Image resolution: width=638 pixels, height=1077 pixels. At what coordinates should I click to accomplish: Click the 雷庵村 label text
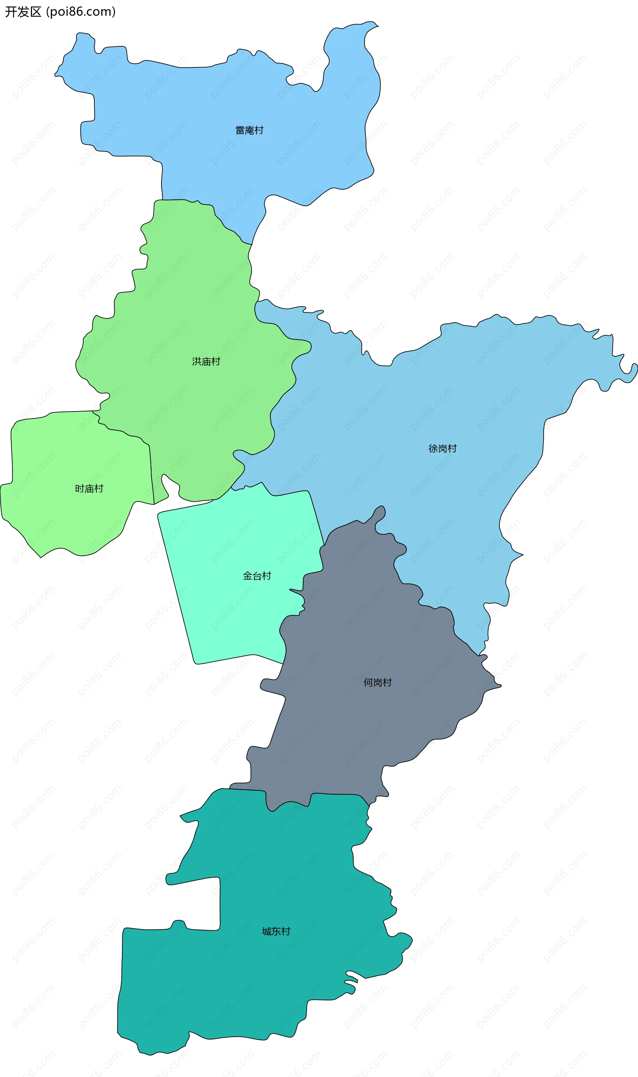tap(249, 130)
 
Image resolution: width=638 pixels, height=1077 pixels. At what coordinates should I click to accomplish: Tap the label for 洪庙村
tap(206, 361)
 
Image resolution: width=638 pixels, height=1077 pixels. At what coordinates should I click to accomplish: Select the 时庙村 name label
tap(89, 489)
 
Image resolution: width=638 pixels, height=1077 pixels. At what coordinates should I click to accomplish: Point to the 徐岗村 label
tap(442, 448)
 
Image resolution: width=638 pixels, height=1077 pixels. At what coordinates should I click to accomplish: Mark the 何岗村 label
tap(377, 682)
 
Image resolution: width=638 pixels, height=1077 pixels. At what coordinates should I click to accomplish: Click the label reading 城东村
tap(276, 931)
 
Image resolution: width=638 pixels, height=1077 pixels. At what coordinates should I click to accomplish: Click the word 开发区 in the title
tap(23, 12)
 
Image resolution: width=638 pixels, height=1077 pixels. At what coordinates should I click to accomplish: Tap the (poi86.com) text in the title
tap(81, 12)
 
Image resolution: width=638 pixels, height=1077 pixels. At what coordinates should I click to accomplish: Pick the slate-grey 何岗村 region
tap(366, 730)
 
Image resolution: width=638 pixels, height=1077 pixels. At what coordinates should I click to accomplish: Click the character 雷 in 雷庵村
tap(240, 130)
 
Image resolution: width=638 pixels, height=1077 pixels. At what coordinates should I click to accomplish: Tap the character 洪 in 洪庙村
tap(196, 361)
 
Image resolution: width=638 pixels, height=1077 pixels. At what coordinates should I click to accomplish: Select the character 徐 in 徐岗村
tap(433, 448)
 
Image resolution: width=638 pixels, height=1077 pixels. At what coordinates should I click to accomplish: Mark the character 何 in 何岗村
tap(368, 682)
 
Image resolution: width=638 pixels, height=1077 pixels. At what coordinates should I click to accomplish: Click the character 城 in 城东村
tap(266, 931)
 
